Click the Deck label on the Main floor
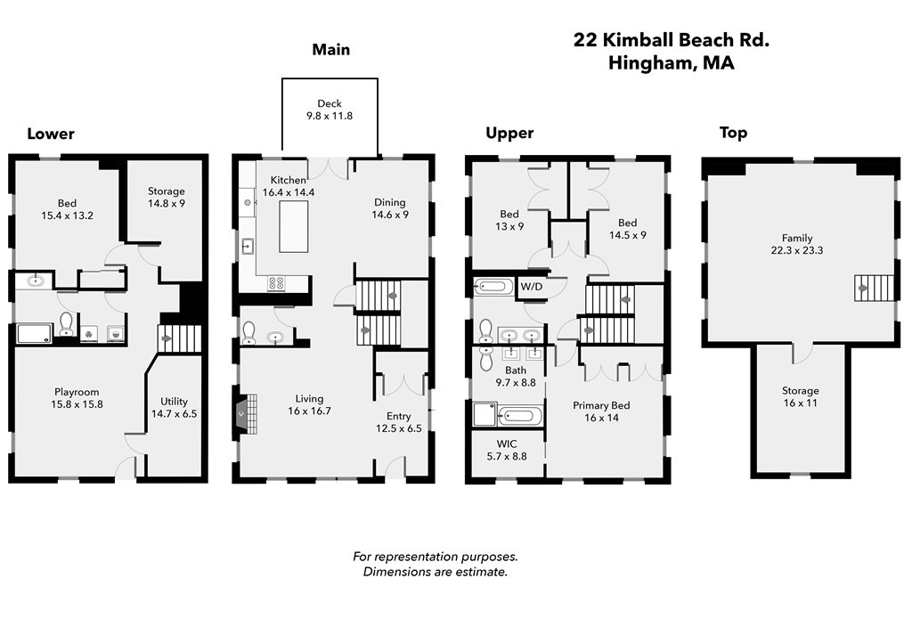click(330, 109)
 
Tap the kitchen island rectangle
click(295, 226)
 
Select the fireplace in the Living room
click(248, 413)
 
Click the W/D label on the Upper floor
click(532, 287)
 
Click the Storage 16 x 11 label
click(800, 396)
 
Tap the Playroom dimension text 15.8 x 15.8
click(77, 404)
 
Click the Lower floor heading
click(51, 134)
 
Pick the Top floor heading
click(733, 133)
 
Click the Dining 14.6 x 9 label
click(390, 208)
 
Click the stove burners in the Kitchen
click(277, 283)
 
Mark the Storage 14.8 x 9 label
click(167, 197)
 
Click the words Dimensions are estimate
click(436, 572)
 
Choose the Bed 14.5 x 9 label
click(627, 229)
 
